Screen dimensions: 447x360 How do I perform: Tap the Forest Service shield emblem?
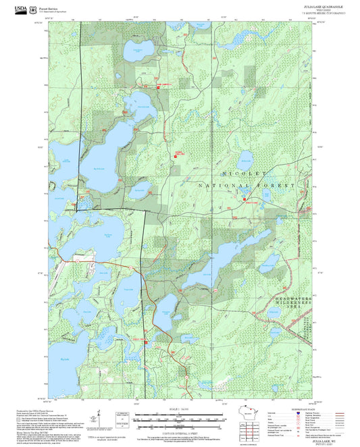click(34, 9)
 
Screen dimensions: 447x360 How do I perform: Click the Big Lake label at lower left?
click(65, 359)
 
